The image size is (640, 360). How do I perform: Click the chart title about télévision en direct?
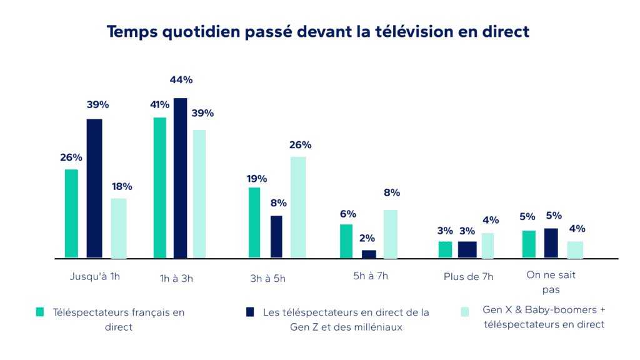(318, 31)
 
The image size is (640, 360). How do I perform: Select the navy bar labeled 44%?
(181, 178)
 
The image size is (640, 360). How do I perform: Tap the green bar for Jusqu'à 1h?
(71, 213)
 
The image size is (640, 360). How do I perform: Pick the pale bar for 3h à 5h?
(298, 207)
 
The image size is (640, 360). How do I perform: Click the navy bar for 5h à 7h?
(369, 254)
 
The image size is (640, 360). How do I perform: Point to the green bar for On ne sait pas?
(529, 244)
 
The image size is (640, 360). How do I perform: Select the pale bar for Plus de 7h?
(487, 245)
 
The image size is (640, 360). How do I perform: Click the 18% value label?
(119, 186)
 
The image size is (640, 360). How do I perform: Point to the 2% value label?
(367, 237)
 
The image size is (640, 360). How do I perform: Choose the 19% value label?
(256, 179)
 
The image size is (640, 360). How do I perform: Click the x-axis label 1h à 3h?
(176, 279)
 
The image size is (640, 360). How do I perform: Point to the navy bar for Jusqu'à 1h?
(94, 188)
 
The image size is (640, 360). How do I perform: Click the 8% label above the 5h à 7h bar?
(392, 192)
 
